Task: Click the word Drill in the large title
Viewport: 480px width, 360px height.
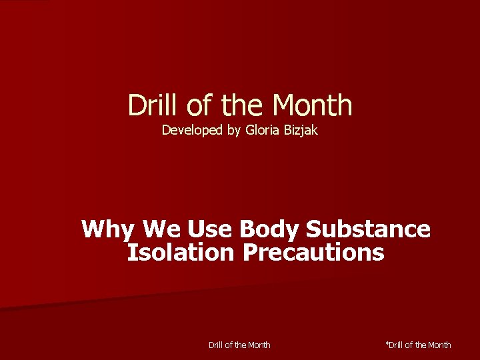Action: (148, 105)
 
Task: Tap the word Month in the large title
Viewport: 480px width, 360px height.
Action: (312, 105)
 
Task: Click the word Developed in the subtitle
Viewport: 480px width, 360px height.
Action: (193, 131)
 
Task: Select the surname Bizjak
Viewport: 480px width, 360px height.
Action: (302, 131)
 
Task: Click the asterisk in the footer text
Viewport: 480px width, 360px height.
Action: (387, 343)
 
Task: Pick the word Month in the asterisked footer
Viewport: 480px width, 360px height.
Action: (438, 345)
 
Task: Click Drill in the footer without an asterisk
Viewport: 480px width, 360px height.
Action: (217, 345)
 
